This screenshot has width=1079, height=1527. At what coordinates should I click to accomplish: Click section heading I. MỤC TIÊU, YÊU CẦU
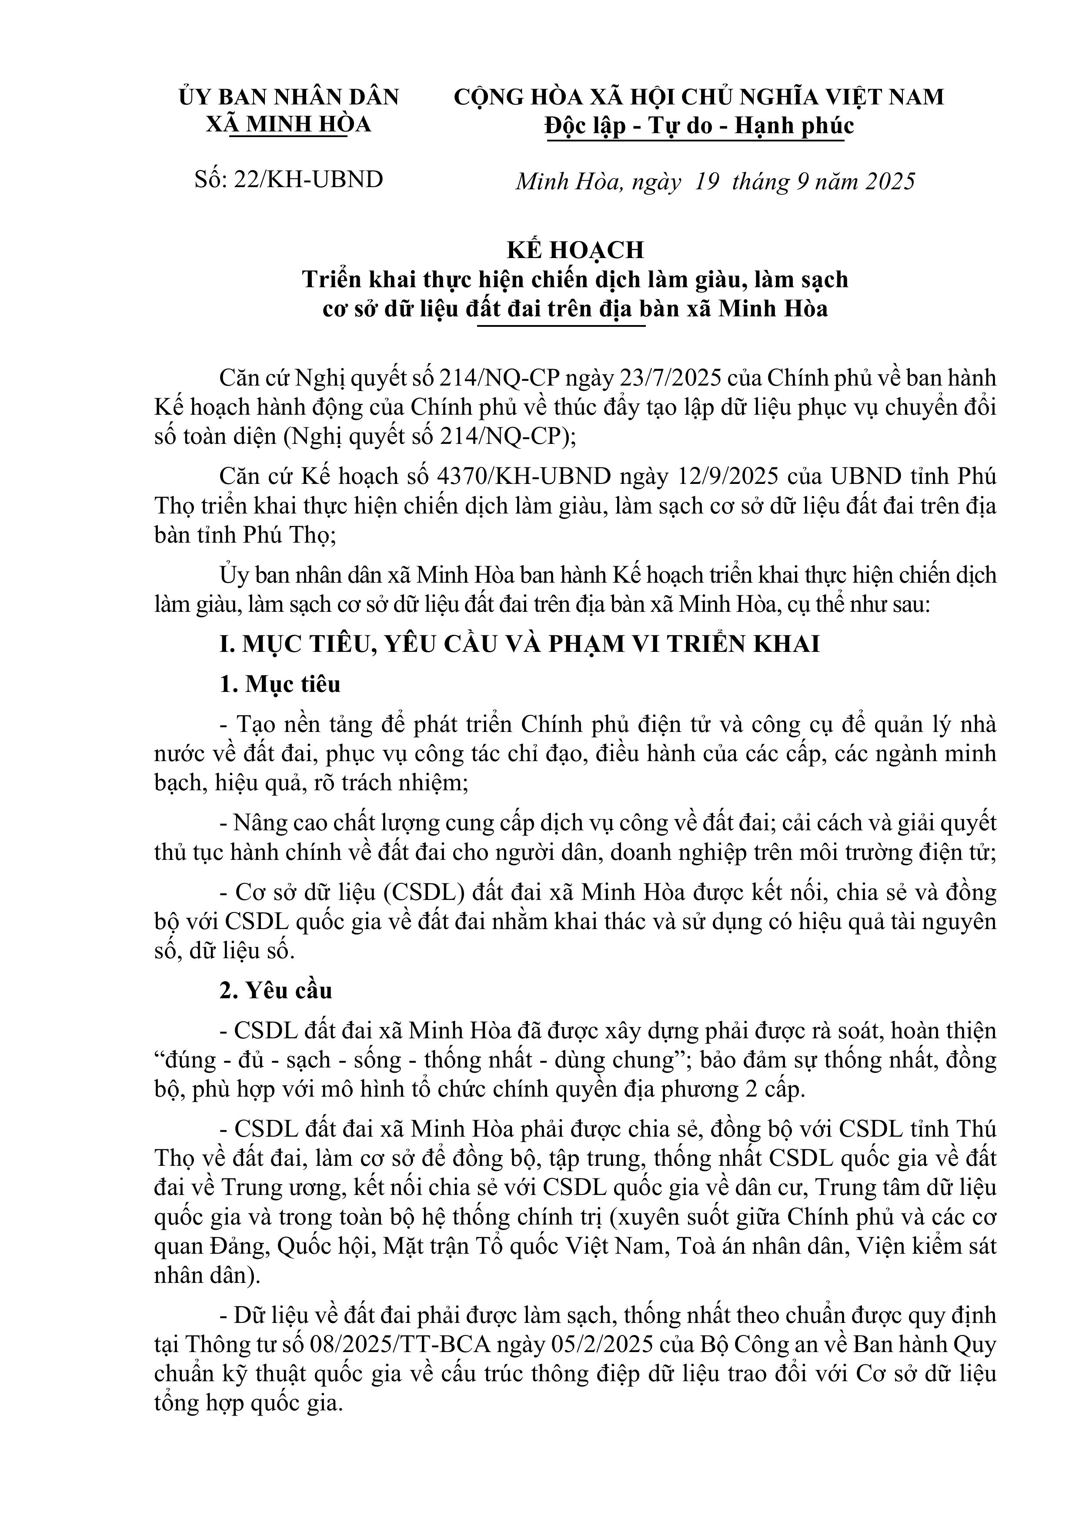point(518,644)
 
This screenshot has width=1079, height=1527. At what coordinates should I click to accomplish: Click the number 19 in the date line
point(707,181)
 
